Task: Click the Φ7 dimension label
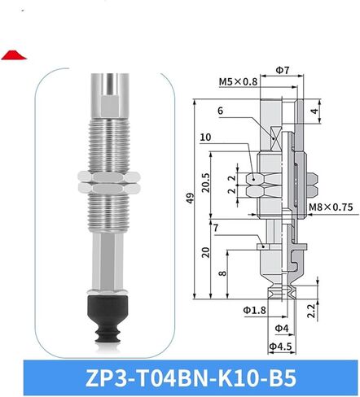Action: tap(283, 70)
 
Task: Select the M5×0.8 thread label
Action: tap(238, 81)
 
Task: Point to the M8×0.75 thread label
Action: tap(331, 207)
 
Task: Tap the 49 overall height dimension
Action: tap(191, 198)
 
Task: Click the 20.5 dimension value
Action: tap(206, 183)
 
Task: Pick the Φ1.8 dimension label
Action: tap(254, 310)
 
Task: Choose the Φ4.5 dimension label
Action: tap(280, 347)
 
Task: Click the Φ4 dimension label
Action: tap(282, 329)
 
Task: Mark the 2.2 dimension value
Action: tap(311, 311)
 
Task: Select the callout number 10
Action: tap(205, 137)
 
